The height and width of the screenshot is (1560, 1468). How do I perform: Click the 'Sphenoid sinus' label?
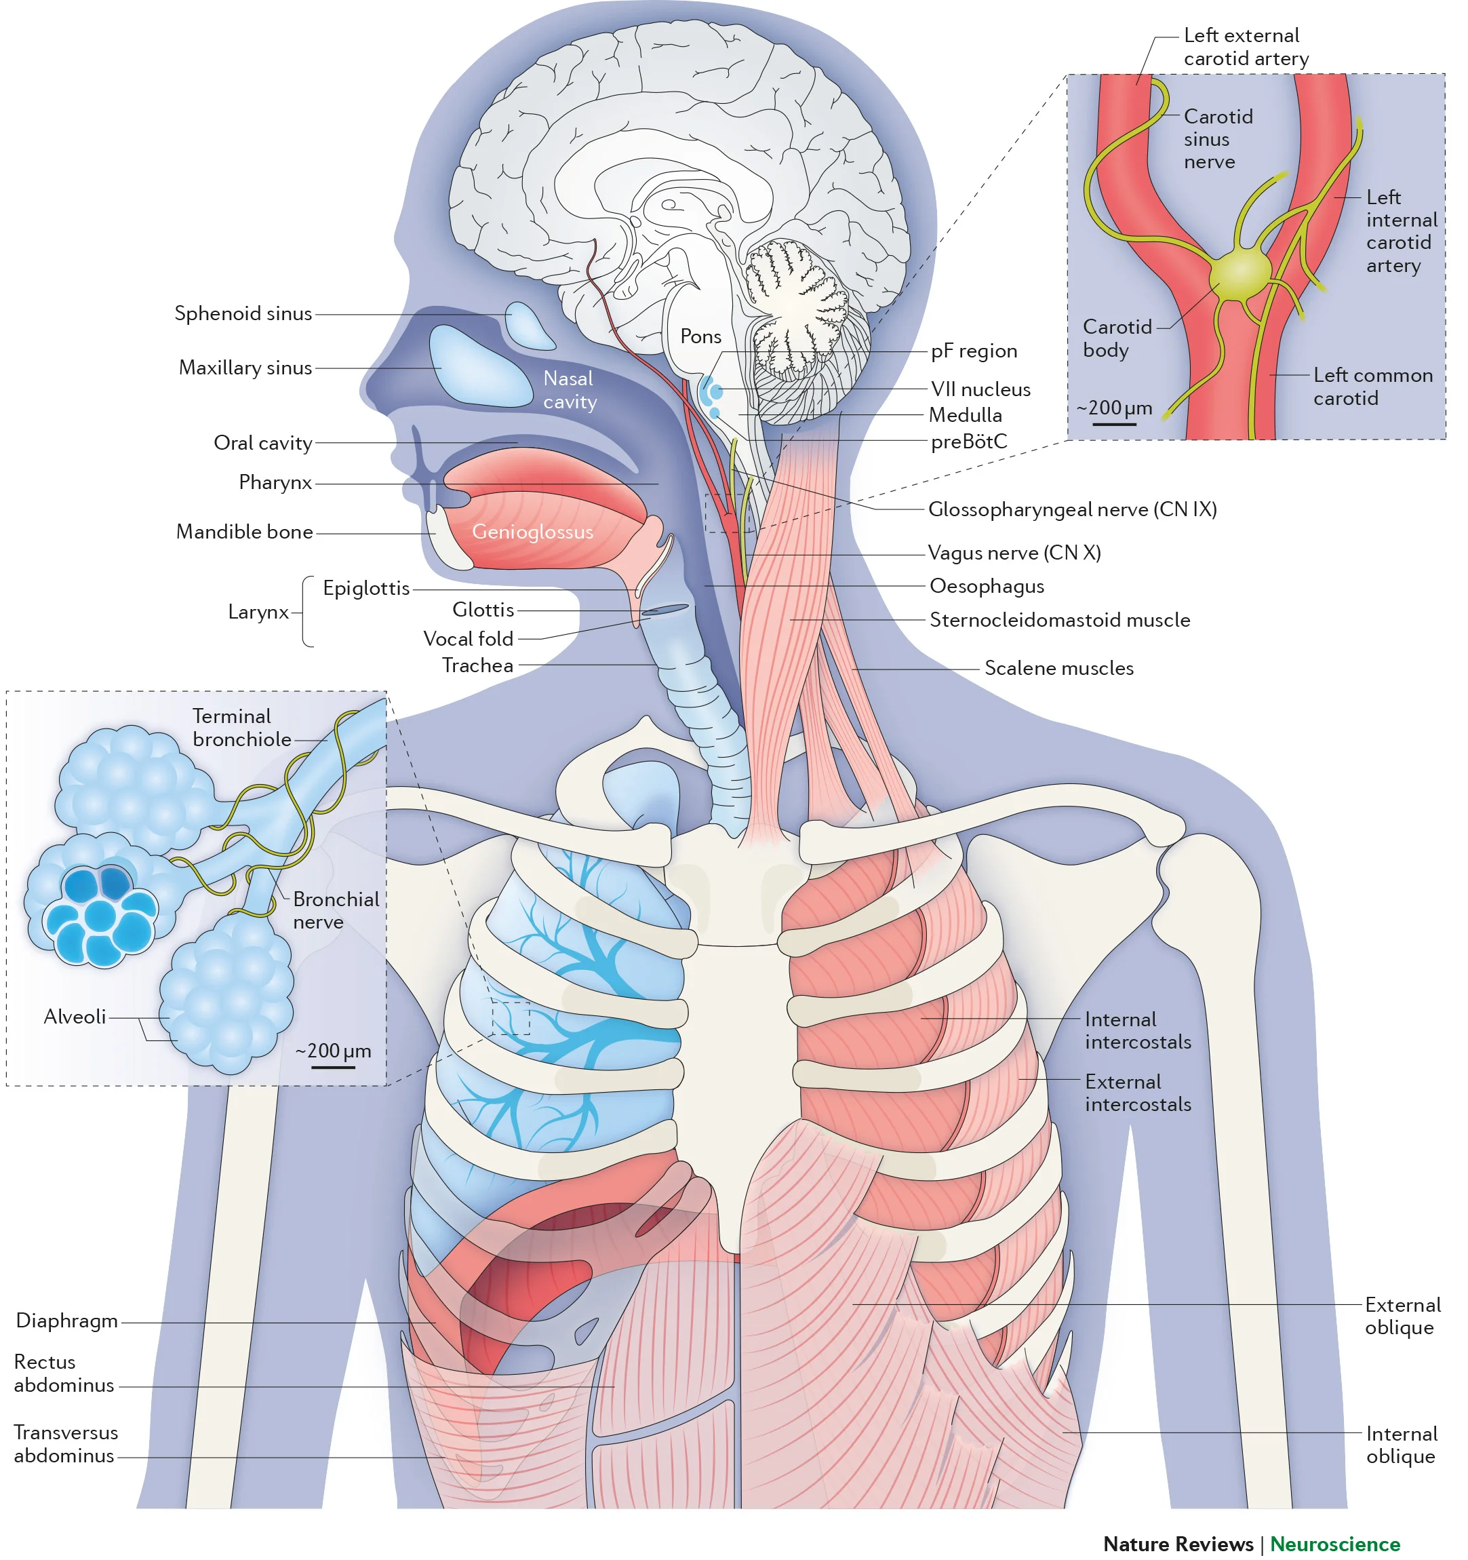pyautogui.click(x=243, y=314)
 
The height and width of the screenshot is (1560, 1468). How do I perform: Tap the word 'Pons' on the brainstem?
pyautogui.click(x=700, y=336)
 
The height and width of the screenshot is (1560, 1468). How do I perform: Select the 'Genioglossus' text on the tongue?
pyautogui.click(x=532, y=532)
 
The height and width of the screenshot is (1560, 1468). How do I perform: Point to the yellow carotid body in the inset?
pyautogui.click(x=1239, y=274)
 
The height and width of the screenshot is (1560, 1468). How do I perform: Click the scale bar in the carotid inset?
pyautogui.click(x=1114, y=425)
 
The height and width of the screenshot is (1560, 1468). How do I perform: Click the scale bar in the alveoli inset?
pyautogui.click(x=333, y=1067)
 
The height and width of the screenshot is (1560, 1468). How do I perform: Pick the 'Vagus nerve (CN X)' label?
pyautogui.click(x=1014, y=553)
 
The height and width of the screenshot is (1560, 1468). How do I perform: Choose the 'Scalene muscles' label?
pyautogui.click(x=1058, y=669)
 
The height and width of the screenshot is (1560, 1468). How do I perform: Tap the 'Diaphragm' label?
pyautogui.click(x=66, y=1321)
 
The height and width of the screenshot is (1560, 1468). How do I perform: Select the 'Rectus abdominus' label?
pyautogui.click(x=64, y=1373)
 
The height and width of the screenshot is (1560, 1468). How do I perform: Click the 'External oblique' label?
pyautogui.click(x=1402, y=1316)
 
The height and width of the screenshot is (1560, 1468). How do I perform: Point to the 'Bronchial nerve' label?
pyautogui.click(x=335, y=910)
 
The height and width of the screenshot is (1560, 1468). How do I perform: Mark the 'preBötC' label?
pyautogui.click(x=968, y=442)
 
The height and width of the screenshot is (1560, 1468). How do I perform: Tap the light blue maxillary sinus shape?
pyautogui.click(x=479, y=367)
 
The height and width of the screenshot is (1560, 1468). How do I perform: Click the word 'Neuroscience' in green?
pyautogui.click(x=1334, y=1544)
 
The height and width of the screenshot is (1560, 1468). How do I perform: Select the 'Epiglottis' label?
pyautogui.click(x=365, y=589)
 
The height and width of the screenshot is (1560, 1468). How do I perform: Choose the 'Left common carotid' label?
pyautogui.click(x=1372, y=387)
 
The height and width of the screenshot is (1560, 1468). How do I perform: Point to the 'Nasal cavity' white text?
pyautogui.click(x=570, y=390)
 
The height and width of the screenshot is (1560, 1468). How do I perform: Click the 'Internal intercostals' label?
pyautogui.click(x=1137, y=1030)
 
